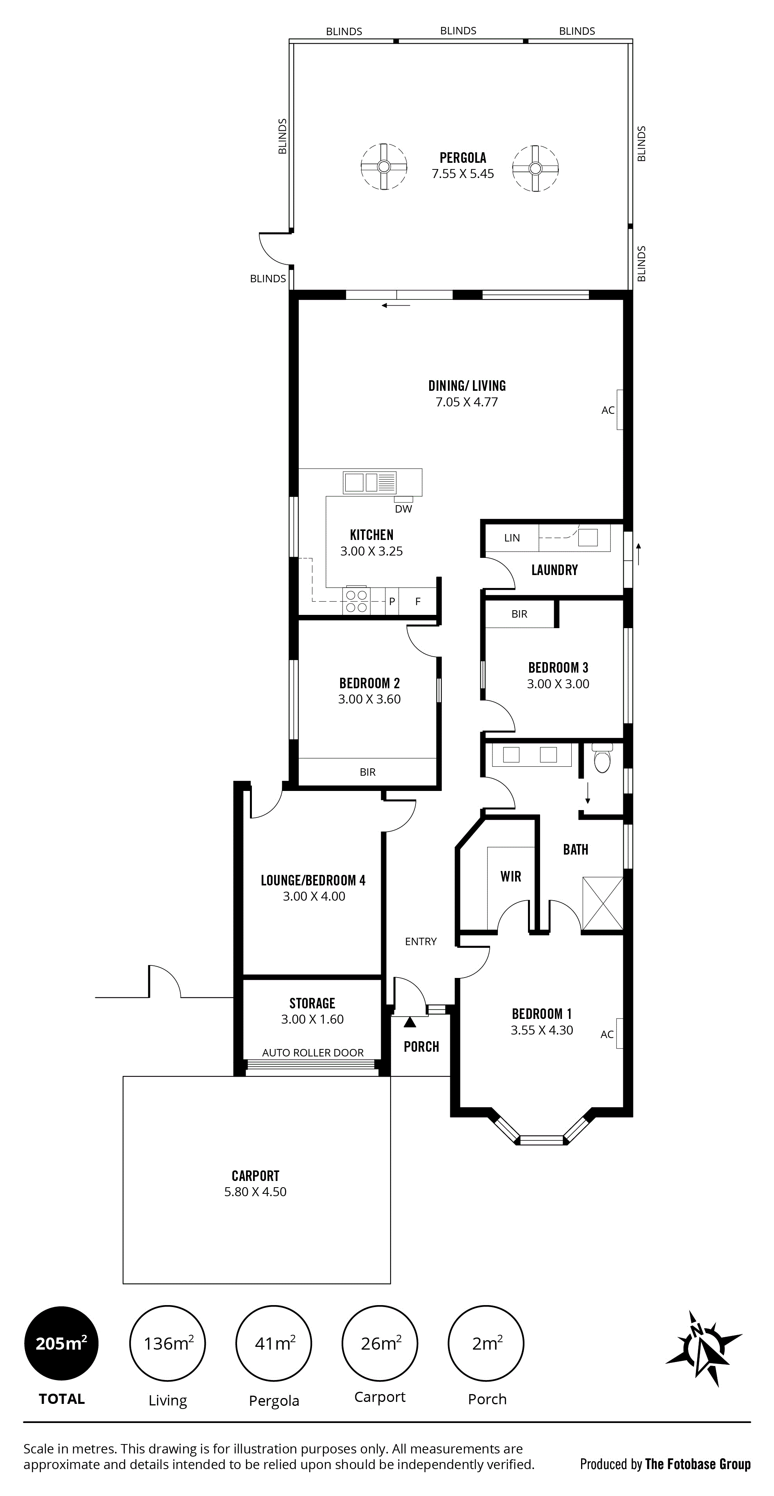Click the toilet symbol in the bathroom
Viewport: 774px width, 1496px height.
click(x=603, y=757)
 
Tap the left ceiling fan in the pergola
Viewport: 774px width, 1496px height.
click(x=383, y=167)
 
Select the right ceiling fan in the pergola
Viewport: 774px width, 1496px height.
click(x=535, y=168)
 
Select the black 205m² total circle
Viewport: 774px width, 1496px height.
click(x=62, y=1343)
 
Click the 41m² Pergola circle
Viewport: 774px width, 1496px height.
click(x=274, y=1343)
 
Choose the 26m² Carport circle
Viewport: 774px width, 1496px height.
click(x=380, y=1343)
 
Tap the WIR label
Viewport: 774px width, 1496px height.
click(x=511, y=876)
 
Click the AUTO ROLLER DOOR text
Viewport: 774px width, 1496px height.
click(x=313, y=1052)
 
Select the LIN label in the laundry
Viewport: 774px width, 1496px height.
click(x=512, y=538)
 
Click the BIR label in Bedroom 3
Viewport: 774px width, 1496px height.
click(x=519, y=614)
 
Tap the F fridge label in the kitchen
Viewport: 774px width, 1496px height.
click(x=418, y=602)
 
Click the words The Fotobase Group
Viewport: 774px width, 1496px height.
click(x=698, y=1464)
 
